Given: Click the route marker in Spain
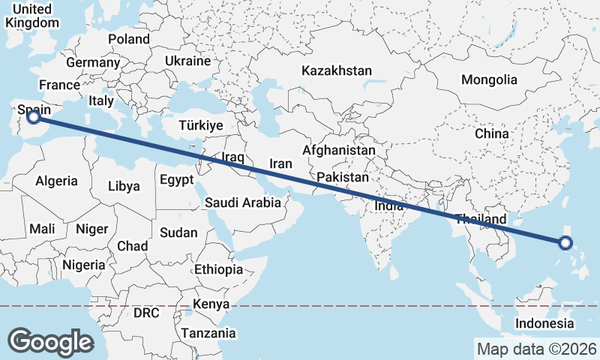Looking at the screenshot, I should coord(33,116).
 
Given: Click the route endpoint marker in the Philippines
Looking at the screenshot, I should coord(565,242).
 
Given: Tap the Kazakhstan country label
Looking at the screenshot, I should coord(337,70).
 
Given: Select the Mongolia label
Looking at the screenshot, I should coord(489,79).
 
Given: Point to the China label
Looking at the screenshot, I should coord(491,133).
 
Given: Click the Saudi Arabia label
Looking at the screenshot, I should coord(243,202).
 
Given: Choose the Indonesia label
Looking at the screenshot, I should coord(544,323).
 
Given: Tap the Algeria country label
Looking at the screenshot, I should coord(56,181).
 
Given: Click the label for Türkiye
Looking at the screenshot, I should coord(199,125).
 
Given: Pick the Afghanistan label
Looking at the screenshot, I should coord(339,150).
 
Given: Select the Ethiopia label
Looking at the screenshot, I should coord(218,269).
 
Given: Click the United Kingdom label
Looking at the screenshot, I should coord(31,16).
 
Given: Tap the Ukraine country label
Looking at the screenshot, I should coord(187,60).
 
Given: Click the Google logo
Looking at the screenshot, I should coord(50,342).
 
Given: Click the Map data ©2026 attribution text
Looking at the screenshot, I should coord(536,349).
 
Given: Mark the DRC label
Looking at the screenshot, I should coord(146,312).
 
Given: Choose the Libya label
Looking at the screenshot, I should coord(124,186).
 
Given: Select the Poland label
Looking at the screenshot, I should coord(129,39).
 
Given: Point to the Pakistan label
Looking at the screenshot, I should coord(343,178).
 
